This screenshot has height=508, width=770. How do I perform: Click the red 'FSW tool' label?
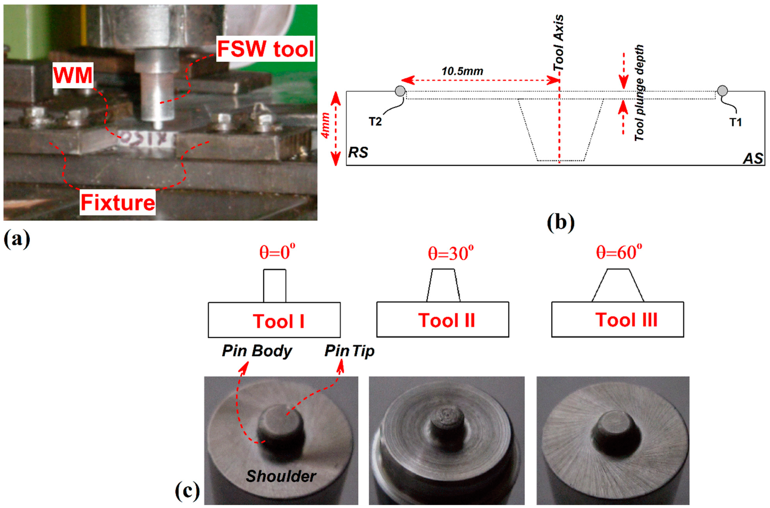[265, 49]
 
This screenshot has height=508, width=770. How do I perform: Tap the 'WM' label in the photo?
[73, 75]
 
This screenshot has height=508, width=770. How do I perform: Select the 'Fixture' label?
[118, 203]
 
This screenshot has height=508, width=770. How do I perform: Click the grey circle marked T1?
[722, 91]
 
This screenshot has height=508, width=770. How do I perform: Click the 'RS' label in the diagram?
[358, 152]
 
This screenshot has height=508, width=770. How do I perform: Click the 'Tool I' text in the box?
[278, 321]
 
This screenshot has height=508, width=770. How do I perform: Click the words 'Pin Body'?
[257, 351]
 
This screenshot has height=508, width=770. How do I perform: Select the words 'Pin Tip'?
[349, 351]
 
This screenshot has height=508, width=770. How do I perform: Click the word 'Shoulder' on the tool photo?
[281, 476]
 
